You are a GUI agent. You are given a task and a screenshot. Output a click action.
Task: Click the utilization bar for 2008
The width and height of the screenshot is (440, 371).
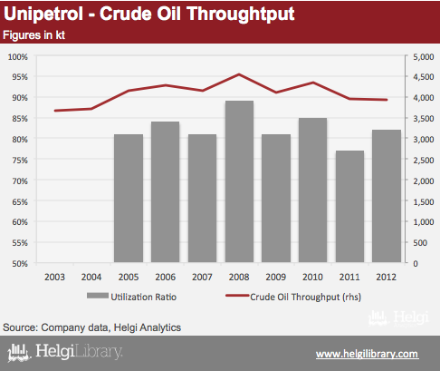pyautogui.click(x=239, y=181)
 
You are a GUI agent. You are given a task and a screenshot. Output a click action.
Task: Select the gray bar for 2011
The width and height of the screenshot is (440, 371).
pyautogui.click(x=349, y=206)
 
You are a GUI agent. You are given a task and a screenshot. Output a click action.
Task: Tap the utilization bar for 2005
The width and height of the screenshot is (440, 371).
pyautogui.click(x=129, y=198)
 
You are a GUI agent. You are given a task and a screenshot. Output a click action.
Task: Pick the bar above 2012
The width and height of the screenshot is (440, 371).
pyautogui.click(x=387, y=196)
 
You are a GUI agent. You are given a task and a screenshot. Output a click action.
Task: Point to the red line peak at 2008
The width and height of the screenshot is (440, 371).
pyautogui.click(x=239, y=74)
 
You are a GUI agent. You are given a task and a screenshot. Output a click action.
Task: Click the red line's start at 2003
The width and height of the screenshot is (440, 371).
pyautogui.click(x=55, y=111)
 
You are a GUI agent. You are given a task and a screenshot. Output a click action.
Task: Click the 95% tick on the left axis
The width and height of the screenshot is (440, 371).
pyautogui.click(x=20, y=77)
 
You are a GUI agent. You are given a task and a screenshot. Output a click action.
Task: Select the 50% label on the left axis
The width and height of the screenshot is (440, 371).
pyautogui.click(x=20, y=263)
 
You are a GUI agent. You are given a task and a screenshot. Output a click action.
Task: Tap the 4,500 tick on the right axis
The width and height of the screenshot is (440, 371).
pyautogui.click(x=424, y=77)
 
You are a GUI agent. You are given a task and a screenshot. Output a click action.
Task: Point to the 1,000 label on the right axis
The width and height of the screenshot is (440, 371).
pyautogui.click(x=424, y=222)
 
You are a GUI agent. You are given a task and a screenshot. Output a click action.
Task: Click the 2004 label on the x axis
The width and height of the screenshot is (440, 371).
pyautogui.click(x=91, y=277)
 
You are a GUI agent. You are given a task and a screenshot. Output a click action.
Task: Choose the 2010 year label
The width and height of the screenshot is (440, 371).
pyautogui.click(x=312, y=277)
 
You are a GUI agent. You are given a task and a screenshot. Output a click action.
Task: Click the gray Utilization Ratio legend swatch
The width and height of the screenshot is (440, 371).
pyautogui.click(x=98, y=296)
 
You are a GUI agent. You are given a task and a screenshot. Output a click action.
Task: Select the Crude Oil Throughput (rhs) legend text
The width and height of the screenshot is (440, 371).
pyautogui.click(x=306, y=297)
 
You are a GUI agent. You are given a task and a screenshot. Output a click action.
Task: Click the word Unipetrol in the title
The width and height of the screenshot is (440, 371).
pyautogui.click(x=43, y=15)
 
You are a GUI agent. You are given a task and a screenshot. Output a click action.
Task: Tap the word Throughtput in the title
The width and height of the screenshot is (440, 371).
pyautogui.click(x=241, y=15)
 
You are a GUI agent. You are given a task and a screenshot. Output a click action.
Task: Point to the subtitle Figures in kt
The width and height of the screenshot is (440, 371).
pyautogui.click(x=33, y=35)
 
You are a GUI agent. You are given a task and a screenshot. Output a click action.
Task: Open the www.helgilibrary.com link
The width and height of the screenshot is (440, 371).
pyautogui.click(x=368, y=354)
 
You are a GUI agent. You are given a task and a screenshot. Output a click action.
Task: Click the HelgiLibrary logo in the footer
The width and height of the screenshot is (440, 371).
pyautogui.click(x=65, y=352)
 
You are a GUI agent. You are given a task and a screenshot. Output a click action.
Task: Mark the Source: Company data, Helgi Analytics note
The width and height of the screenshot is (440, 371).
pyautogui.click(x=91, y=327)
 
